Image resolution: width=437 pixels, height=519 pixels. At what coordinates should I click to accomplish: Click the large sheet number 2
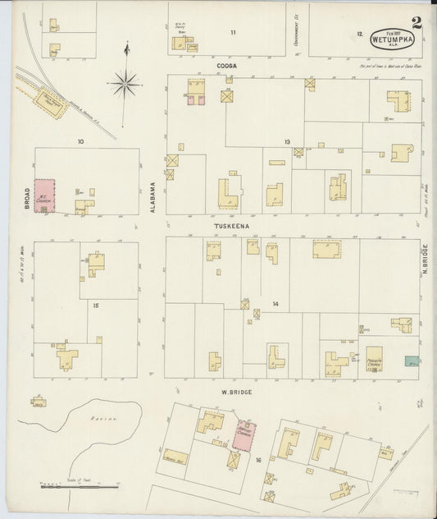pos(418,22)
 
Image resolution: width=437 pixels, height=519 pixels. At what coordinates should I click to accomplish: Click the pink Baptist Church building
pos(244,435)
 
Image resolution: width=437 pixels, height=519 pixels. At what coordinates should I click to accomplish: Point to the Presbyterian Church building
pos(374,359)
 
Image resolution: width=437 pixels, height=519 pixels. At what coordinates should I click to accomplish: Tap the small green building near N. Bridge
pos(412,361)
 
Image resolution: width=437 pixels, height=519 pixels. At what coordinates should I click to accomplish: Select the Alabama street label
pos(152,198)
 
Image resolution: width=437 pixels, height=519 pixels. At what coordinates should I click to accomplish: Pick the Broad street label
pos(26,198)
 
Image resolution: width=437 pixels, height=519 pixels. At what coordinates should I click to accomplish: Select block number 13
pos(287,142)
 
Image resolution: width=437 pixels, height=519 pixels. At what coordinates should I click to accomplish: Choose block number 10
pos(81,141)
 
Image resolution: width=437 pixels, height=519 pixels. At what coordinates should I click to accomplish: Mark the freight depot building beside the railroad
pos(51,103)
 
